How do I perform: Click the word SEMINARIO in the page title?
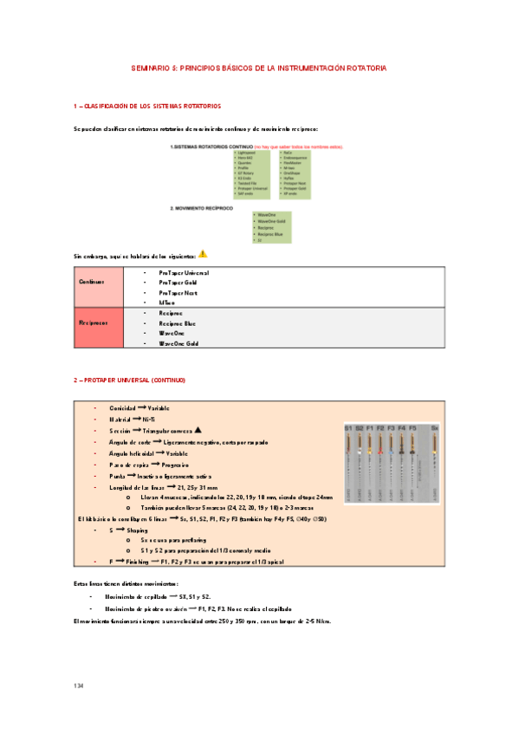(x=149, y=67)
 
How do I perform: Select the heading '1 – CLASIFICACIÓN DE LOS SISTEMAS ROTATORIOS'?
(x=147, y=106)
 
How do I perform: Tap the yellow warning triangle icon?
(x=203, y=254)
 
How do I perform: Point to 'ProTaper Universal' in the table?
(x=184, y=273)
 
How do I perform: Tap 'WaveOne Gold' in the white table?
(x=178, y=343)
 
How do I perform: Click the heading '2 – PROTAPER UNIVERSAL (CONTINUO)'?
(x=129, y=381)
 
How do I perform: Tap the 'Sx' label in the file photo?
(x=434, y=428)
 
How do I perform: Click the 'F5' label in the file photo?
(x=412, y=428)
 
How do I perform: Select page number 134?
(x=79, y=686)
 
